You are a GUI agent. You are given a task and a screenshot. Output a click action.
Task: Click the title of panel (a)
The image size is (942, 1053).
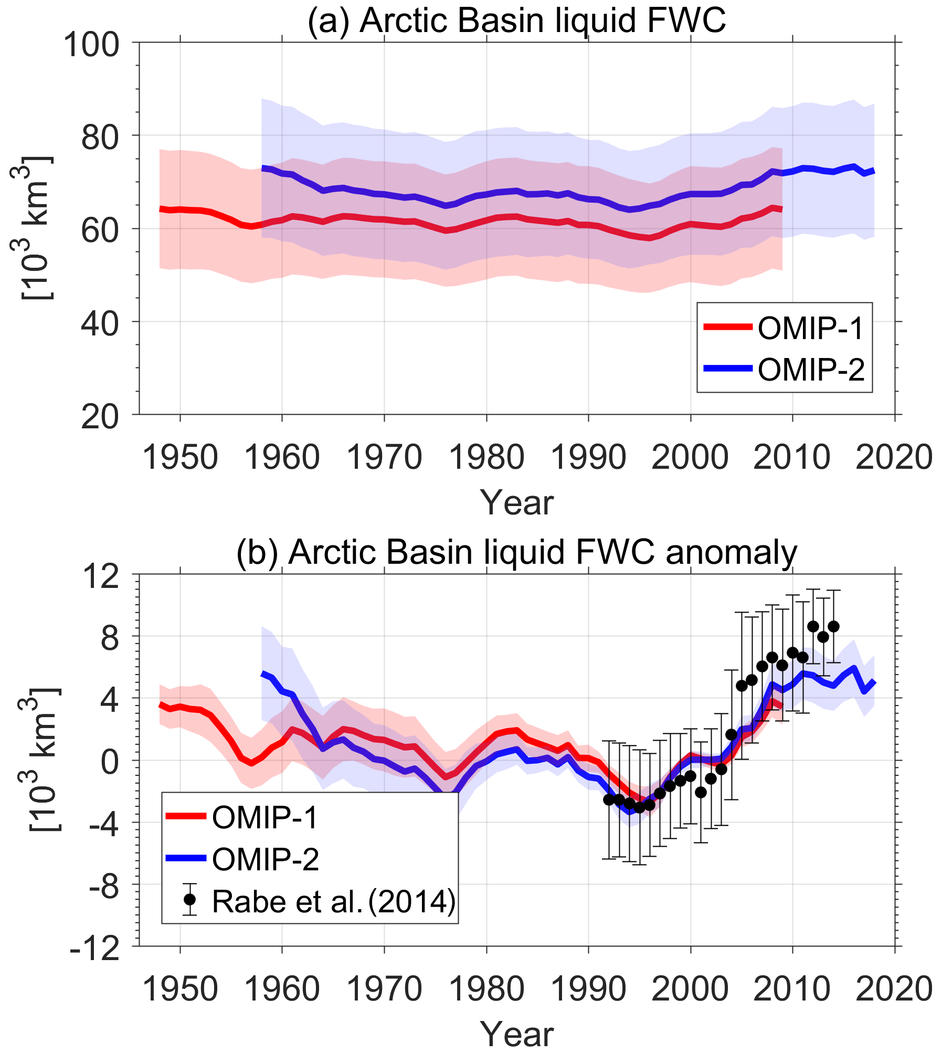tap(516, 21)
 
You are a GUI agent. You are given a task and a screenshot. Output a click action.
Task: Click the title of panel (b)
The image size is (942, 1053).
tap(516, 553)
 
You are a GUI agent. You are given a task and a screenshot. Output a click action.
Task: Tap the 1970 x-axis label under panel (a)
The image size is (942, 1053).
tap(385, 457)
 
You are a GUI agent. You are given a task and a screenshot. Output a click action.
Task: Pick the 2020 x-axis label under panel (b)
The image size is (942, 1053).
tap(894, 989)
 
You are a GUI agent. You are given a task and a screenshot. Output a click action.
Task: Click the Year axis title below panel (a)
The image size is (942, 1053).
tap(516, 502)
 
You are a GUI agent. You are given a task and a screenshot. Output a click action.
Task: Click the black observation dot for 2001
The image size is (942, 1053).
tap(701, 793)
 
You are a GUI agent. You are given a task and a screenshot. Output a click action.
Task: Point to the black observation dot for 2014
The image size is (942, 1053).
tap(833, 626)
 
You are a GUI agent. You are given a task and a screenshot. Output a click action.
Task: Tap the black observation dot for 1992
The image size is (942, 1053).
tap(609, 799)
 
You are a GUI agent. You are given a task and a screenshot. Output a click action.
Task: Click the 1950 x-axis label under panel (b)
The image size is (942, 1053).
tap(180, 989)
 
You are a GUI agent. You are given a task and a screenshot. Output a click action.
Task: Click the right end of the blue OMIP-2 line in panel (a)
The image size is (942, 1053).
tap(873, 171)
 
